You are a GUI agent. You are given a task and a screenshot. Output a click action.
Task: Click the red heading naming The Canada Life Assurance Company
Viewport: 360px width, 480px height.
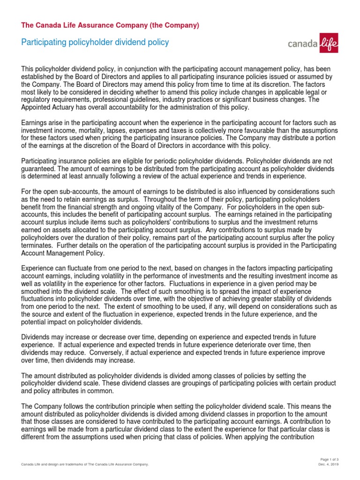110,25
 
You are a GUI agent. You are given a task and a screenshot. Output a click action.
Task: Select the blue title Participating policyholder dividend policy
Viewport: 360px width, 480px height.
95,43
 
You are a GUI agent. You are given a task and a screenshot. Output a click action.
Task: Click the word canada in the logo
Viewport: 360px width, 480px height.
302,45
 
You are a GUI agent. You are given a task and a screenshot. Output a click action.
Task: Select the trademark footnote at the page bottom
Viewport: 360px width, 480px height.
85,464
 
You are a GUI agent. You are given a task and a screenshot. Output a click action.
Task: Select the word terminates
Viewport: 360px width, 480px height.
38,246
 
